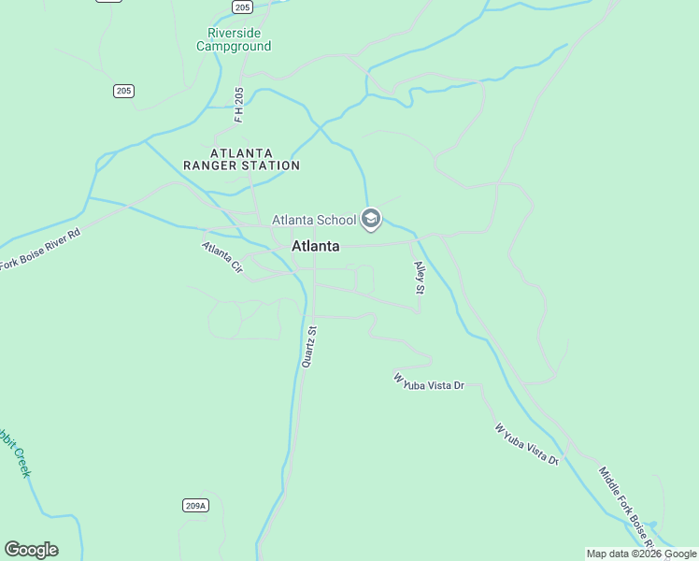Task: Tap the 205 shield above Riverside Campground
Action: click(243, 7)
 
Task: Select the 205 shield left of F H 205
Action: click(124, 91)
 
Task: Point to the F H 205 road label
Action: click(239, 104)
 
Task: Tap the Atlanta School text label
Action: click(314, 221)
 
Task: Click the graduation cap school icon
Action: click(371, 220)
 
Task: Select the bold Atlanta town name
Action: click(315, 247)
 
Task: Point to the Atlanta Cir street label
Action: click(222, 257)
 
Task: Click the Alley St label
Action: click(420, 279)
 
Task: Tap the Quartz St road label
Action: click(310, 346)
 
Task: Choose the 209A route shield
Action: click(194, 506)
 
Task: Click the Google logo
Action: click(31, 550)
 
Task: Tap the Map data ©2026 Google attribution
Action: click(641, 554)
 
